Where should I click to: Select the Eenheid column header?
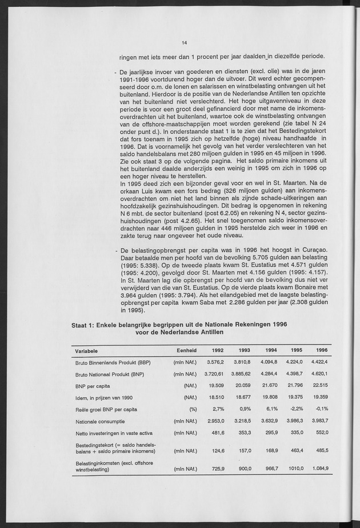coord(186,350)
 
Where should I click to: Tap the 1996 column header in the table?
coord(322,350)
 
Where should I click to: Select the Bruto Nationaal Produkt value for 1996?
coord(319,374)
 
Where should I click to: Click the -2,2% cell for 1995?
coord(297,409)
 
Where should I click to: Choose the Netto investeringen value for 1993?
coord(243,433)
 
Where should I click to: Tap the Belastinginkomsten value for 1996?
coord(320,469)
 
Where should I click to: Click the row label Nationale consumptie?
coord(99,421)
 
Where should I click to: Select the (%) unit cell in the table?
coord(193,409)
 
